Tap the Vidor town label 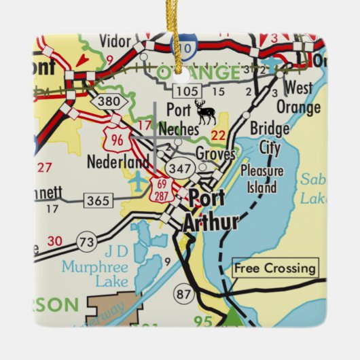(114, 41)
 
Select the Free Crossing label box (275, 268)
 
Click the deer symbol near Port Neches (204, 111)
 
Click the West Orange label (298, 98)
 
